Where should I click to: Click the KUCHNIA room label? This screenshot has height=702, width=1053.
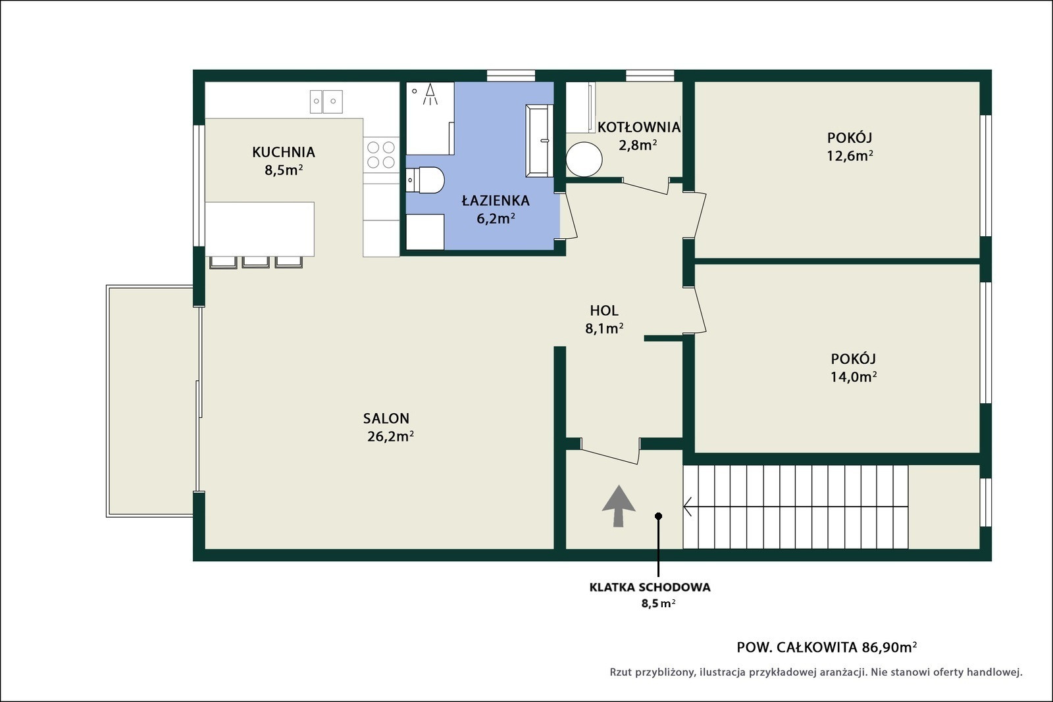284,152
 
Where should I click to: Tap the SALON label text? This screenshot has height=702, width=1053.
386,418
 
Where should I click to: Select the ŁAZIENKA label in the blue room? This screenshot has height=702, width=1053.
496,201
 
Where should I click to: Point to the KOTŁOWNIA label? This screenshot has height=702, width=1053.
639,128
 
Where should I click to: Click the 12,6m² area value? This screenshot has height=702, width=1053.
850,155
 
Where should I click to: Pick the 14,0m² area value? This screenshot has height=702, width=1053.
853,377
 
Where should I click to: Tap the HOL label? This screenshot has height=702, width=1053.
604,311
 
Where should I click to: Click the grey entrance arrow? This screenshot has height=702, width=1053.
619,505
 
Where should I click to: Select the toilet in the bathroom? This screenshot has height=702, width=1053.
425,180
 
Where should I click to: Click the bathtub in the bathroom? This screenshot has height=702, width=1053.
539,141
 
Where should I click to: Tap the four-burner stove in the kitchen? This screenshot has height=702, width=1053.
381,155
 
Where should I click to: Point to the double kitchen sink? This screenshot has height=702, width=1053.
326,101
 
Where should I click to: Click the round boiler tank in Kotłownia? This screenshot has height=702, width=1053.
584,159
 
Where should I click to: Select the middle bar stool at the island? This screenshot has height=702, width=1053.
256,263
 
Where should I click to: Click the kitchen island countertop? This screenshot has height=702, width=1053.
259,230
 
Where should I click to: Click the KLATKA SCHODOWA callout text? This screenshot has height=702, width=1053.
650,588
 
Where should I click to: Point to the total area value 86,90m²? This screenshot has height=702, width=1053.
889,647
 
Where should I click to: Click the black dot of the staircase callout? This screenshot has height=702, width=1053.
658,516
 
